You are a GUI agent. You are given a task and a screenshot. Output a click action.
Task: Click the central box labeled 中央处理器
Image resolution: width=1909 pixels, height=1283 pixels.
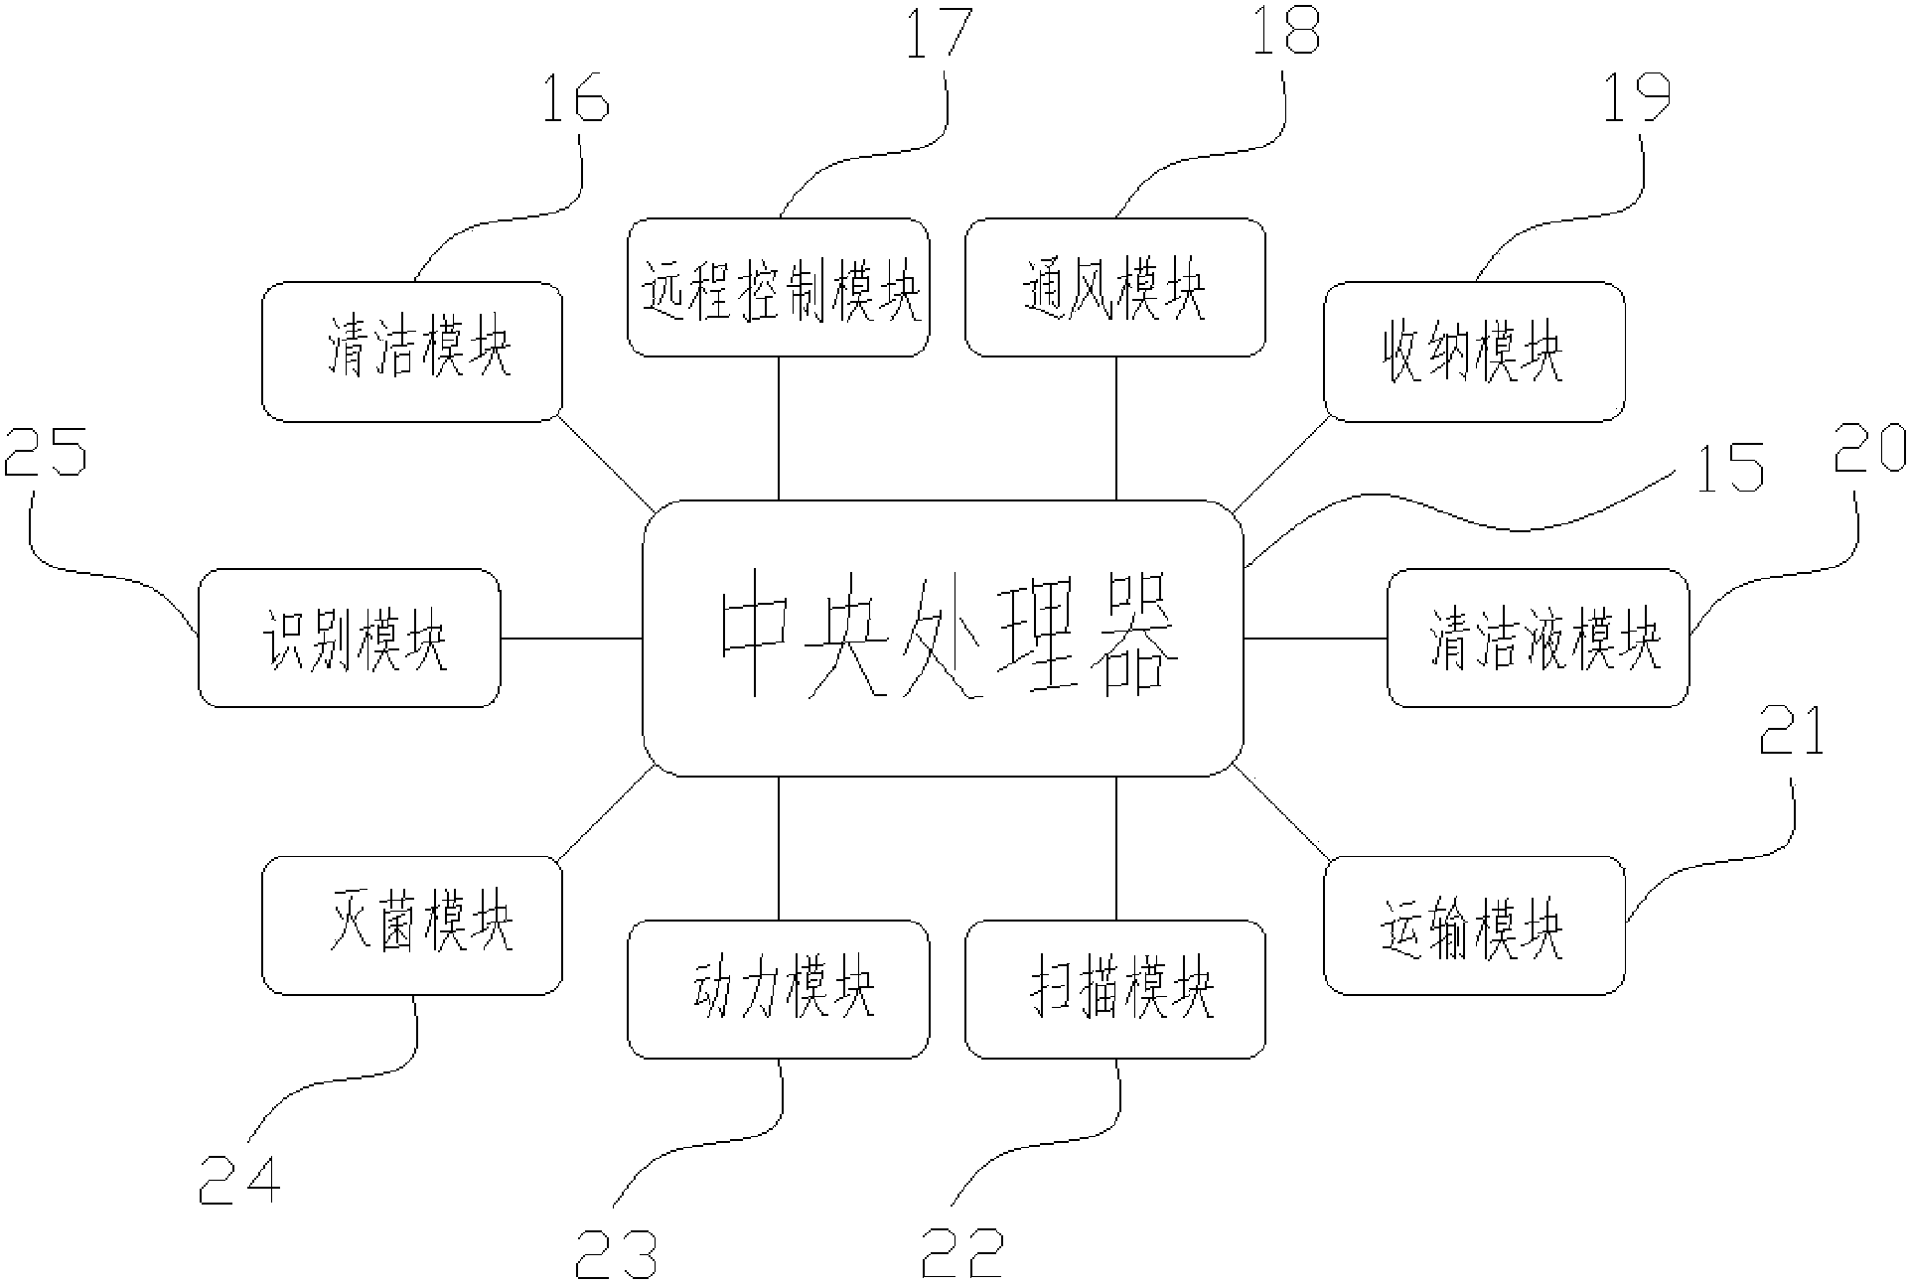pos(943,638)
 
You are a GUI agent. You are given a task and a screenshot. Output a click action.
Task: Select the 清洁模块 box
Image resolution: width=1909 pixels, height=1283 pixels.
pos(412,352)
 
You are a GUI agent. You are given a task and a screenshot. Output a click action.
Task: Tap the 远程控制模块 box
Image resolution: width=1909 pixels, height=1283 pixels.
pos(779,288)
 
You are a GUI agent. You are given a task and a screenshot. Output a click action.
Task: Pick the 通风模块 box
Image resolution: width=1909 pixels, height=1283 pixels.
pos(1115,288)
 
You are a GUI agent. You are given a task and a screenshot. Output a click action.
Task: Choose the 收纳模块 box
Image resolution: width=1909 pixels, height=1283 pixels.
pos(1474,352)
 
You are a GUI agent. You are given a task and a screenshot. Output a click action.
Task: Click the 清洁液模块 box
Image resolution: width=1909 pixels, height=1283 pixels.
pos(1538,638)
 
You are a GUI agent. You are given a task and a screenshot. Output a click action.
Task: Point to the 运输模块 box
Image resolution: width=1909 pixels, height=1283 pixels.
pos(1474,926)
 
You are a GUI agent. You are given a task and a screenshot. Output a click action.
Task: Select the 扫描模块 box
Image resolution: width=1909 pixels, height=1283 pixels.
pos(1115,989)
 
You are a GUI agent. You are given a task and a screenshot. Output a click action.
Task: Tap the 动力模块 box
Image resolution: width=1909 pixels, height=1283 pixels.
pos(779,989)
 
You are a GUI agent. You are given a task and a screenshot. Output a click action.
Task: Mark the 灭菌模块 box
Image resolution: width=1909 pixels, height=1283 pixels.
pos(412,926)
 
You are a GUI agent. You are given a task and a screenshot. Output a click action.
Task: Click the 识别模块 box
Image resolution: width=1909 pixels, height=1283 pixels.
pos(350,638)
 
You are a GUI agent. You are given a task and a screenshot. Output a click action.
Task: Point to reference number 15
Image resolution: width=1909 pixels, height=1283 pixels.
pos(1729,468)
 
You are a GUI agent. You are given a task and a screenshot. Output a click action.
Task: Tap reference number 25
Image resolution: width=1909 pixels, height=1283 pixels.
pos(46,451)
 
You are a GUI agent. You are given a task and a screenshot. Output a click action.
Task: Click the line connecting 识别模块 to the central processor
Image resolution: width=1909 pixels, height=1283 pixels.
pos(571,638)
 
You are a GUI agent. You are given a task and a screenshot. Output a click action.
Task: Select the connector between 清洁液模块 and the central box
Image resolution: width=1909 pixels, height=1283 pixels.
pos(1315,638)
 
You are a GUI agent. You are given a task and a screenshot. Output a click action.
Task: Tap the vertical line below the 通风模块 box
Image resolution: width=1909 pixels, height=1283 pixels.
pos(1115,427)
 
